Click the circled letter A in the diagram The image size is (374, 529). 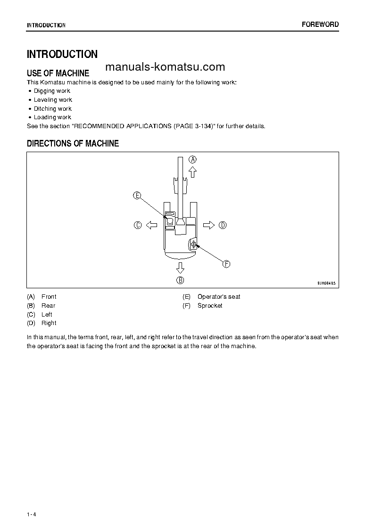point(192,159)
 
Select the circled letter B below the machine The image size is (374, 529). point(180,280)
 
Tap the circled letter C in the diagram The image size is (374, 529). point(138,225)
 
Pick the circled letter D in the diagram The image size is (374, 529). point(223,225)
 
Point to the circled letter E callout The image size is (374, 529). point(137,195)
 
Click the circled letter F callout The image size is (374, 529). point(226,264)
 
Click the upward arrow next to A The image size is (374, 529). point(192,171)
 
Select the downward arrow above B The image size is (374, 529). point(180,268)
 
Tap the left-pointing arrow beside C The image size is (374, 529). point(151,225)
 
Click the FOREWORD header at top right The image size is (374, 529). point(320,24)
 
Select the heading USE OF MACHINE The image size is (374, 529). point(58,73)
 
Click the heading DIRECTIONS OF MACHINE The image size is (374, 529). point(73,144)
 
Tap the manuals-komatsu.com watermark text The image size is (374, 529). point(165,67)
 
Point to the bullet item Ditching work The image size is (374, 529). point(52,109)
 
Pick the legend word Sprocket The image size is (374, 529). point(210,306)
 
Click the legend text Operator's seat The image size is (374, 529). point(219,297)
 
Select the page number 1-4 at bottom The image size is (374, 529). point(32,514)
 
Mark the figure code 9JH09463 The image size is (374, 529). point(326,284)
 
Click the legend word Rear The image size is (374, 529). point(48,306)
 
